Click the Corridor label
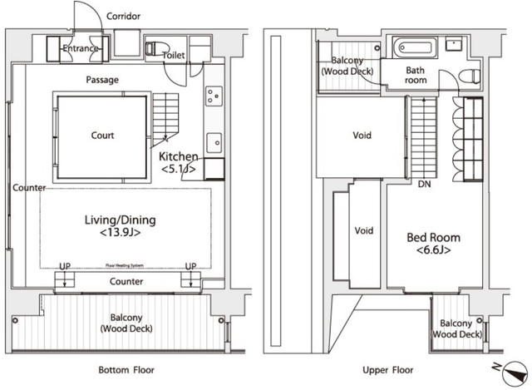124,16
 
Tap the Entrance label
81,49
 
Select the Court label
102,136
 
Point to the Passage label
101,80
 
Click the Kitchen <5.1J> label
178,162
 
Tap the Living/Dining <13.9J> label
121,226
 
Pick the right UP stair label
190,266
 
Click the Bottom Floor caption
126,370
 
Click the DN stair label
424,184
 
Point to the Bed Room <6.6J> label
432,243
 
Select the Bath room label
416,76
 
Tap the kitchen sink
214,139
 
